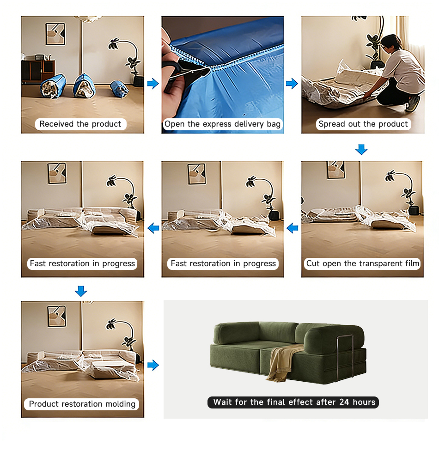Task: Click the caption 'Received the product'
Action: pos(80,124)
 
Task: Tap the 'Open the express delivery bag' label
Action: pos(222,124)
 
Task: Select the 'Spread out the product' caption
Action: pos(363,124)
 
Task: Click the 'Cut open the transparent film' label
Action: pos(362,263)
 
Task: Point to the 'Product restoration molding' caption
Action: pos(82,404)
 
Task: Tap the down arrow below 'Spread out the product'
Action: pos(361,150)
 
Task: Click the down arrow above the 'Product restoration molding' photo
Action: pos(81,291)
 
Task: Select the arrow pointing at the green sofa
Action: pos(153,365)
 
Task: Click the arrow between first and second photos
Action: pos(153,84)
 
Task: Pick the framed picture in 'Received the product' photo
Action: pos(55,34)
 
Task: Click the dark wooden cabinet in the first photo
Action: pos(38,71)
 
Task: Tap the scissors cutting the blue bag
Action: pos(184,70)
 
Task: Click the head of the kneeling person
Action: pos(390,43)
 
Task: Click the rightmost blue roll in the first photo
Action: pos(119,89)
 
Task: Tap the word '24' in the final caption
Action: pos(344,402)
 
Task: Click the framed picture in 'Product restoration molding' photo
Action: pos(57,316)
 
